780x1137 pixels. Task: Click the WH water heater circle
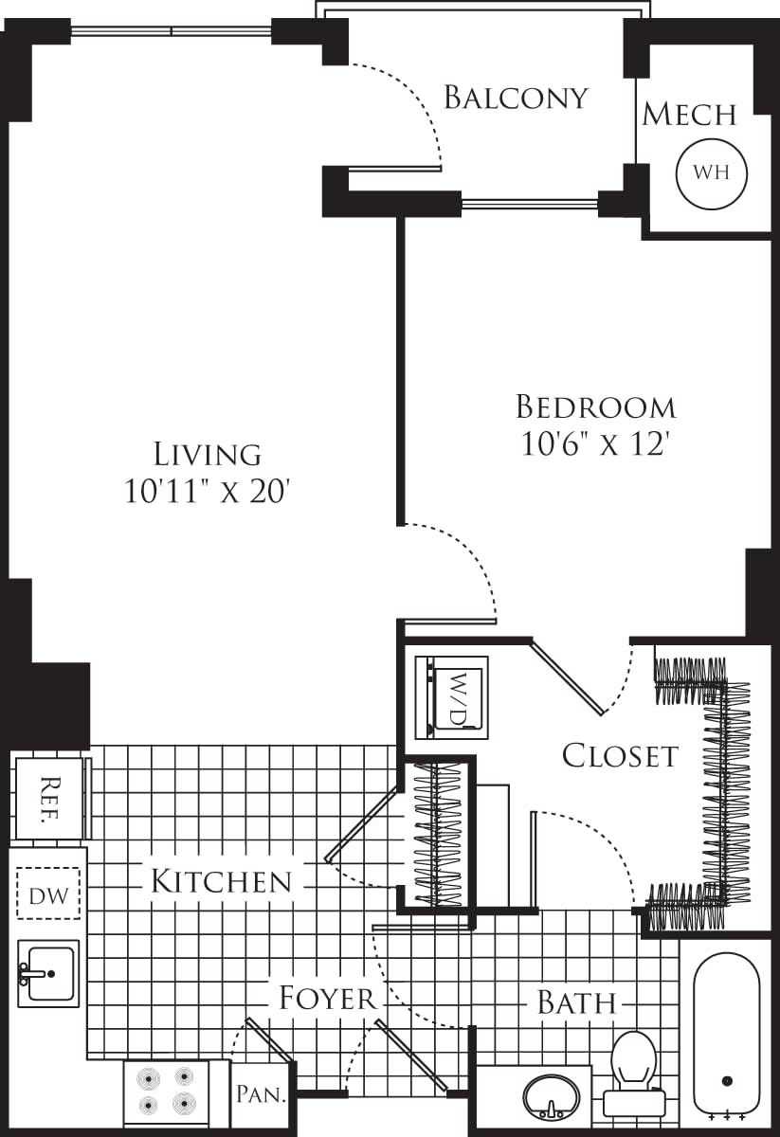tap(711, 172)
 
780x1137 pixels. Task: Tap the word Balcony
tap(517, 98)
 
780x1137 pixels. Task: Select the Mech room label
tap(689, 115)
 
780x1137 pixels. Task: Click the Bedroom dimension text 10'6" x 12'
tap(596, 443)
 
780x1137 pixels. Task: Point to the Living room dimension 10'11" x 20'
tap(206, 491)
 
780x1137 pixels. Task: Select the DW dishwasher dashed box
tap(48, 893)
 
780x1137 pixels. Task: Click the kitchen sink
tap(47, 973)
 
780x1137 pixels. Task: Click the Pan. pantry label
tap(260, 1095)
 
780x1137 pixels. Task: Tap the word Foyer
tap(328, 998)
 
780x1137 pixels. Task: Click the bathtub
tap(726, 1033)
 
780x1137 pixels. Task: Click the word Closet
tap(620, 755)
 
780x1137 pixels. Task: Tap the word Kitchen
tap(221, 881)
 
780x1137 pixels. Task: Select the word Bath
tap(576, 1002)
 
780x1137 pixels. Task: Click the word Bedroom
tap(596, 407)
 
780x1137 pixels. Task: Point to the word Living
tap(208, 454)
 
